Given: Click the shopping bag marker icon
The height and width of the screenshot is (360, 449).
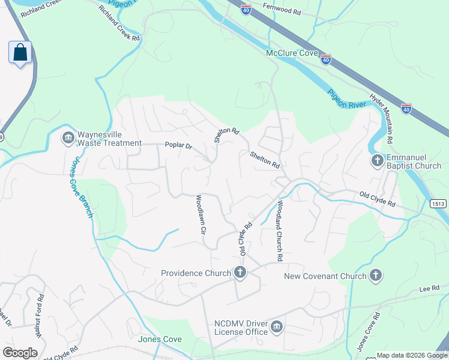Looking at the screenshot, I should (20, 52).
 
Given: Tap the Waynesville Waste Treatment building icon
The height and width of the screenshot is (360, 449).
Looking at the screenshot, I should (68, 138).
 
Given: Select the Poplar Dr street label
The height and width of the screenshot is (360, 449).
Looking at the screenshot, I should (178, 146).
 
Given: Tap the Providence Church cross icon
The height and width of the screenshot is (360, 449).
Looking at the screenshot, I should (240, 274).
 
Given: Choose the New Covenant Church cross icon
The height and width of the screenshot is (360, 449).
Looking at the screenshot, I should (375, 276).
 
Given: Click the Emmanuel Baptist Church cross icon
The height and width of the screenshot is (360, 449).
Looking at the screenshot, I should (377, 161).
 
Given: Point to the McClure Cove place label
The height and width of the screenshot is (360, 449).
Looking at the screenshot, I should (291, 53).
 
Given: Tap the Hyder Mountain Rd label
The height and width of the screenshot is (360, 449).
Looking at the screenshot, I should (381, 118).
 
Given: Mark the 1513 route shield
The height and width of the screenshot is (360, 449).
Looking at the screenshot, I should (438, 204).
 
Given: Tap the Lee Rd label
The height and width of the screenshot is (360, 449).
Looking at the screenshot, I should (430, 289).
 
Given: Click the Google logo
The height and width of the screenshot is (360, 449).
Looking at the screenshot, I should (20, 353).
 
